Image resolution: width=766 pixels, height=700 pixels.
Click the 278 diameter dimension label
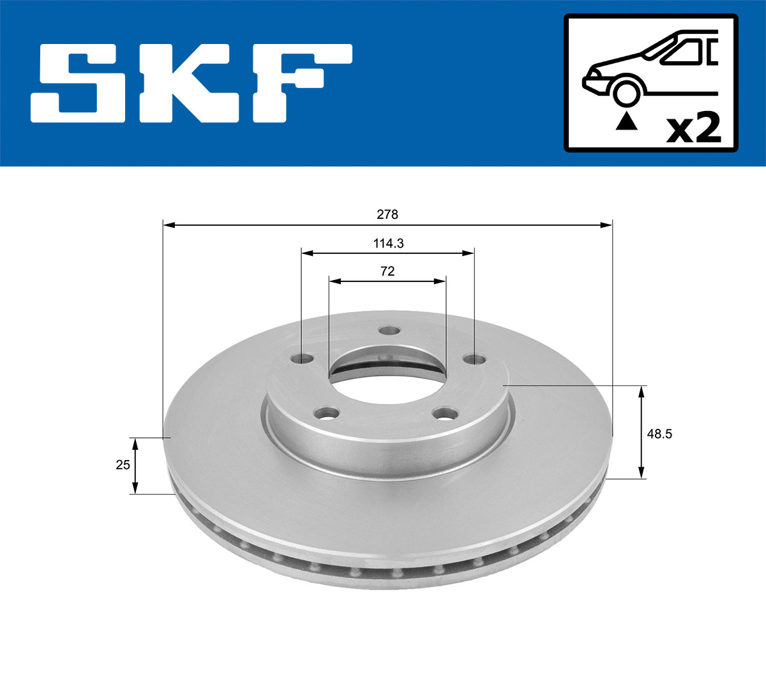click(x=387, y=215)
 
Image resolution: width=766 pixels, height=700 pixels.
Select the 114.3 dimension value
click(x=388, y=243)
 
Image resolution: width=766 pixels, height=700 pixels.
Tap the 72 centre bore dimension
click(x=387, y=271)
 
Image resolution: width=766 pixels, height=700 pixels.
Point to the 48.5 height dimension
click(x=659, y=435)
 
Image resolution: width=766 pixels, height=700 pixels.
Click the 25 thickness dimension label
click(x=123, y=465)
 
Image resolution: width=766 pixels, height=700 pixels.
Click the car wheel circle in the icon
click(x=626, y=92)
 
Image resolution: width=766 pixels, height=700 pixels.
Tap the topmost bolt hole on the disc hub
click(x=388, y=331)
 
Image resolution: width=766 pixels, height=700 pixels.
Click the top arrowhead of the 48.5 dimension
click(x=642, y=391)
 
